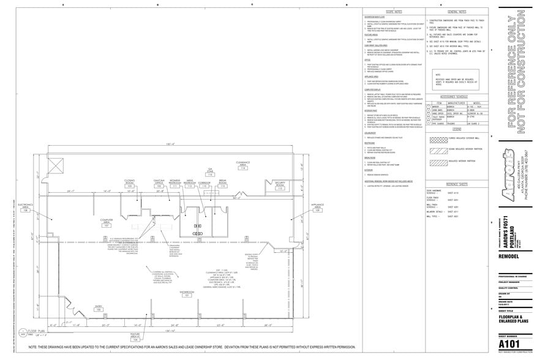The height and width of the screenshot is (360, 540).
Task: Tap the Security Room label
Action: [x=280, y=185]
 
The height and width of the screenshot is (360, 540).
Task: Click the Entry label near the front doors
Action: [x=97, y=308]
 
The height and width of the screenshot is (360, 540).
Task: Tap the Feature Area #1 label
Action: [x=135, y=336]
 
